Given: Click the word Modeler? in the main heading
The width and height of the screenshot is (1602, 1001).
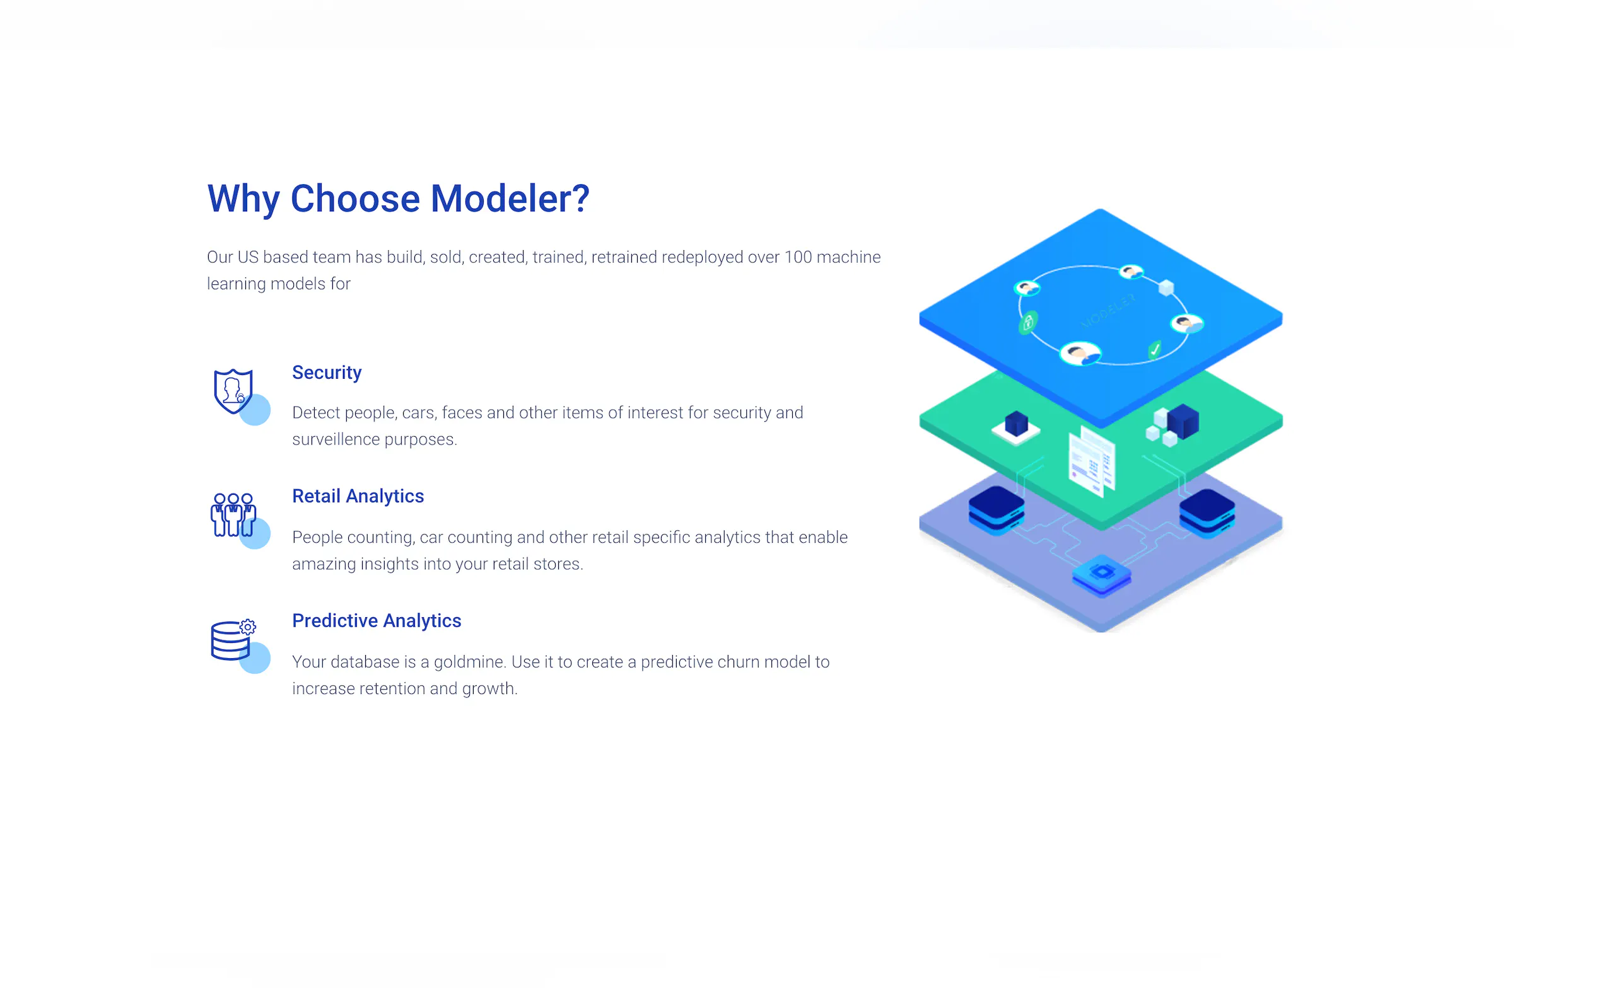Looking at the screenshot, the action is click(510, 199).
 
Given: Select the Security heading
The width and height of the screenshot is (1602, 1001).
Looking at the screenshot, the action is click(327, 373).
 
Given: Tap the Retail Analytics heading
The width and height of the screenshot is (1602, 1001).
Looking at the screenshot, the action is click(358, 496).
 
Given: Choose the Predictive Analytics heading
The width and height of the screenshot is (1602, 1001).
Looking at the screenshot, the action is click(376, 620).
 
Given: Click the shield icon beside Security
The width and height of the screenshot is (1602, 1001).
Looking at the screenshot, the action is click(233, 391).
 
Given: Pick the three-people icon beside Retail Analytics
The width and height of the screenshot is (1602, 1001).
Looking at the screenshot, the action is click(233, 514).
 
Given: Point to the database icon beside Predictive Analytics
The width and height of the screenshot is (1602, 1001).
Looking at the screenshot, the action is click(230, 640).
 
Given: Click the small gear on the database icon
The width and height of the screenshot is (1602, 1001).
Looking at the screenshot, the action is click(248, 627).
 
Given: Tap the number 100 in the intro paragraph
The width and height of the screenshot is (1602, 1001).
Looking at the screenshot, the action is click(798, 257).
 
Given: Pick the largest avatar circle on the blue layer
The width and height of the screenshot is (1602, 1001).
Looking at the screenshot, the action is click(1080, 354).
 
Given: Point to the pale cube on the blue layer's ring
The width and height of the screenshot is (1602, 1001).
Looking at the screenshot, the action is click(1166, 287).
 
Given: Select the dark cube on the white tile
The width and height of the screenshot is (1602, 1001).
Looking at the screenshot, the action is click(1016, 424).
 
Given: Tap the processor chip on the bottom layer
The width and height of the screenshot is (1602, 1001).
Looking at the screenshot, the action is click(1101, 574).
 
